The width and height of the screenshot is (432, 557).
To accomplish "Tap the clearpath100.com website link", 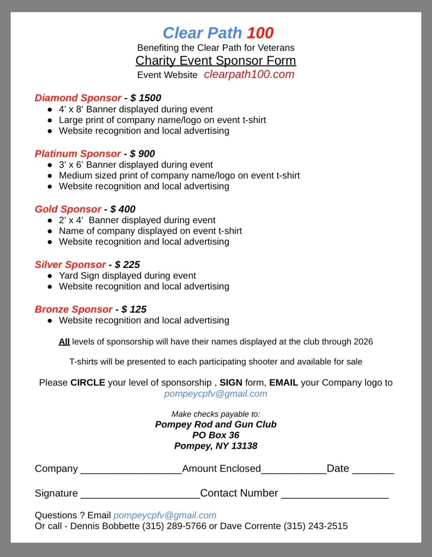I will (249, 75).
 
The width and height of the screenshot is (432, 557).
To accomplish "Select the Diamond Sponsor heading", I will (78, 98).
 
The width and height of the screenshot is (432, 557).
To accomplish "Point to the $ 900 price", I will (142, 154).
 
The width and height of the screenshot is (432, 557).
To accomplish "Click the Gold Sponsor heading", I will (68, 209).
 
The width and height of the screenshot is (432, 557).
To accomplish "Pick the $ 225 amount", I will (127, 265).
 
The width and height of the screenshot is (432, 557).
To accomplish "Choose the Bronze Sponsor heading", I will (74, 309).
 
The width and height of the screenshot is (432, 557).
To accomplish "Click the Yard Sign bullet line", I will (127, 276).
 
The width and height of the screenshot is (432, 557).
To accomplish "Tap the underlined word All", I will (64, 342).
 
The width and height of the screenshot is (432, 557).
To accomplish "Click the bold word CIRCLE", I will (88, 383).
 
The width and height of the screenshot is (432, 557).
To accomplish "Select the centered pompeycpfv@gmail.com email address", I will (216, 394).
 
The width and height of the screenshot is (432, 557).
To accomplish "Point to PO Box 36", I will (216, 435).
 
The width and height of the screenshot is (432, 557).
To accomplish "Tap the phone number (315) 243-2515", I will (315, 526).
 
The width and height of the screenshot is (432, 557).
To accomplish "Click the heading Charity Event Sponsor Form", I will (216, 60).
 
